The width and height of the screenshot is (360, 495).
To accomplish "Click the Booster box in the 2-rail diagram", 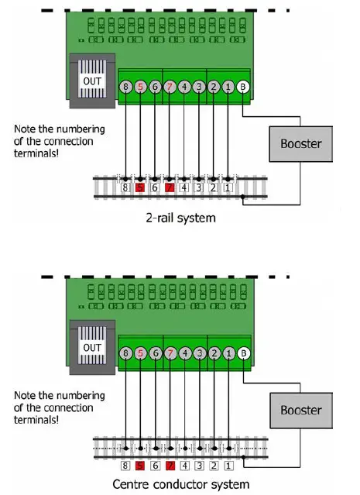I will point(300,144).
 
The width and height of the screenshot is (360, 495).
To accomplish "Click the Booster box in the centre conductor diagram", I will point(300,411).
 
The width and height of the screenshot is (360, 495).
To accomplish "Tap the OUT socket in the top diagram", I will point(92,81).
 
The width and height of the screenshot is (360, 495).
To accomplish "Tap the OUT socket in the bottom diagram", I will point(92,348).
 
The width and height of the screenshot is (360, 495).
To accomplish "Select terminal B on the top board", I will point(243,88).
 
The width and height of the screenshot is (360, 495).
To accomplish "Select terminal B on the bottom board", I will point(243,354).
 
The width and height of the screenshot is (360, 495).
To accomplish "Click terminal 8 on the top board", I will point(125,88).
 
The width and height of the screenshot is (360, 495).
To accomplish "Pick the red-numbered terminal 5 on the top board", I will point(140,88).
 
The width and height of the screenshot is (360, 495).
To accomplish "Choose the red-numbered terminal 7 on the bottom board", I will point(170,354).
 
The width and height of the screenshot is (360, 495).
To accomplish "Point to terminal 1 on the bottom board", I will point(228,354).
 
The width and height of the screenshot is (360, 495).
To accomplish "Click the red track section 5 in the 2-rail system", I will point(140,187).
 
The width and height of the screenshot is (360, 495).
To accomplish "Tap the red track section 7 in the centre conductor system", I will point(170,466).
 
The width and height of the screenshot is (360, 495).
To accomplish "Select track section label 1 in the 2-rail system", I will point(228,187).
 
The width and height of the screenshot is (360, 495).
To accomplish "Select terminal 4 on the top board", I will point(184,88).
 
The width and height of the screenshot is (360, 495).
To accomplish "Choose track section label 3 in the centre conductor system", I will point(199,466).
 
